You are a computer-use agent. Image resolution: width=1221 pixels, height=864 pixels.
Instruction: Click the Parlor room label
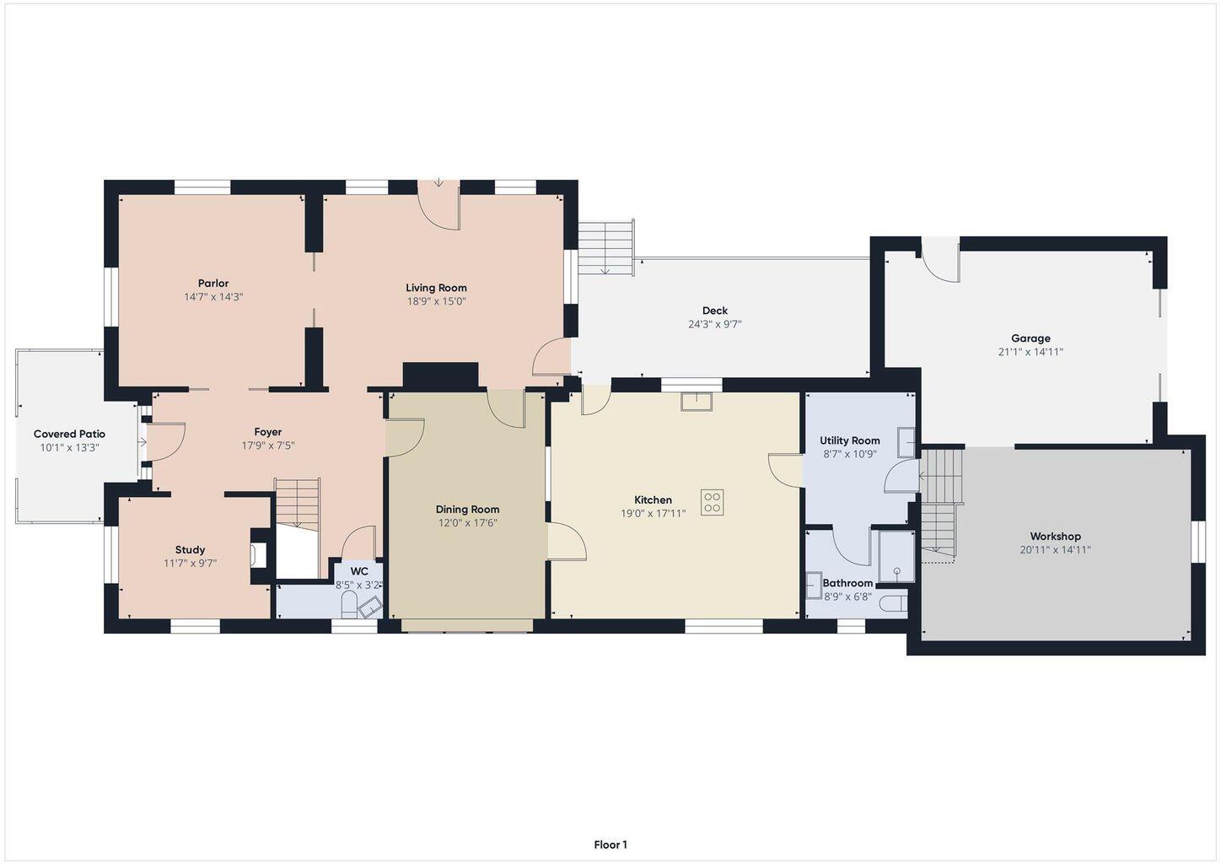point(213,283)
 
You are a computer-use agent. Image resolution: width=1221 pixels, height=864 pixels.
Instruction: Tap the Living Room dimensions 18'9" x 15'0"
point(436,301)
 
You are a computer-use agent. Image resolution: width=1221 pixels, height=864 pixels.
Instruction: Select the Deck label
point(714,310)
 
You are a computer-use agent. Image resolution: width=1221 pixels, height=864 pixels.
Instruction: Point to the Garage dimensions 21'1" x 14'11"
point(1030,352)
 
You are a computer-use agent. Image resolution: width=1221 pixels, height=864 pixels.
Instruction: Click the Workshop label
point(1055,536)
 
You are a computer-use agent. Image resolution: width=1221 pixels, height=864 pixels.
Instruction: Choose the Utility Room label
point(850,440)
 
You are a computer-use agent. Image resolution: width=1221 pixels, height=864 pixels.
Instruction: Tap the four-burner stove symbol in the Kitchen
point(712,502)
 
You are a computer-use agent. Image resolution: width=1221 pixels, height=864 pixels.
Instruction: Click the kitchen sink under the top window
point(697,402)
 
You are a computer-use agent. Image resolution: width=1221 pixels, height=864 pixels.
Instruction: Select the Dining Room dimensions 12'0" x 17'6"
point(468,522)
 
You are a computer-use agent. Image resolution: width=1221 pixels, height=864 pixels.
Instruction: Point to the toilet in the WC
point(348,606)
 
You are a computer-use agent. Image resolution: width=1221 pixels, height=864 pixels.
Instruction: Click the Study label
point(190,549)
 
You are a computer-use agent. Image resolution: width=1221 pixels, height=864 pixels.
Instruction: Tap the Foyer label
point(267,432)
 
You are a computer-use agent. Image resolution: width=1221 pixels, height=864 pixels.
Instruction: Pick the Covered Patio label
point(69,435)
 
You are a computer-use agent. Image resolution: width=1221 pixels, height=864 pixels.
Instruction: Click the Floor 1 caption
point(610,845)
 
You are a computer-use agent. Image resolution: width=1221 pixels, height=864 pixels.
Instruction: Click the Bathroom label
point(847,583)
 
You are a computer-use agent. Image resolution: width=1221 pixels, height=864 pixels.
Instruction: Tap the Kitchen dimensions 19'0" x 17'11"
point(653,513)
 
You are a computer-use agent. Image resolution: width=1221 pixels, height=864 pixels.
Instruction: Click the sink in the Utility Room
point(906,442)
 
